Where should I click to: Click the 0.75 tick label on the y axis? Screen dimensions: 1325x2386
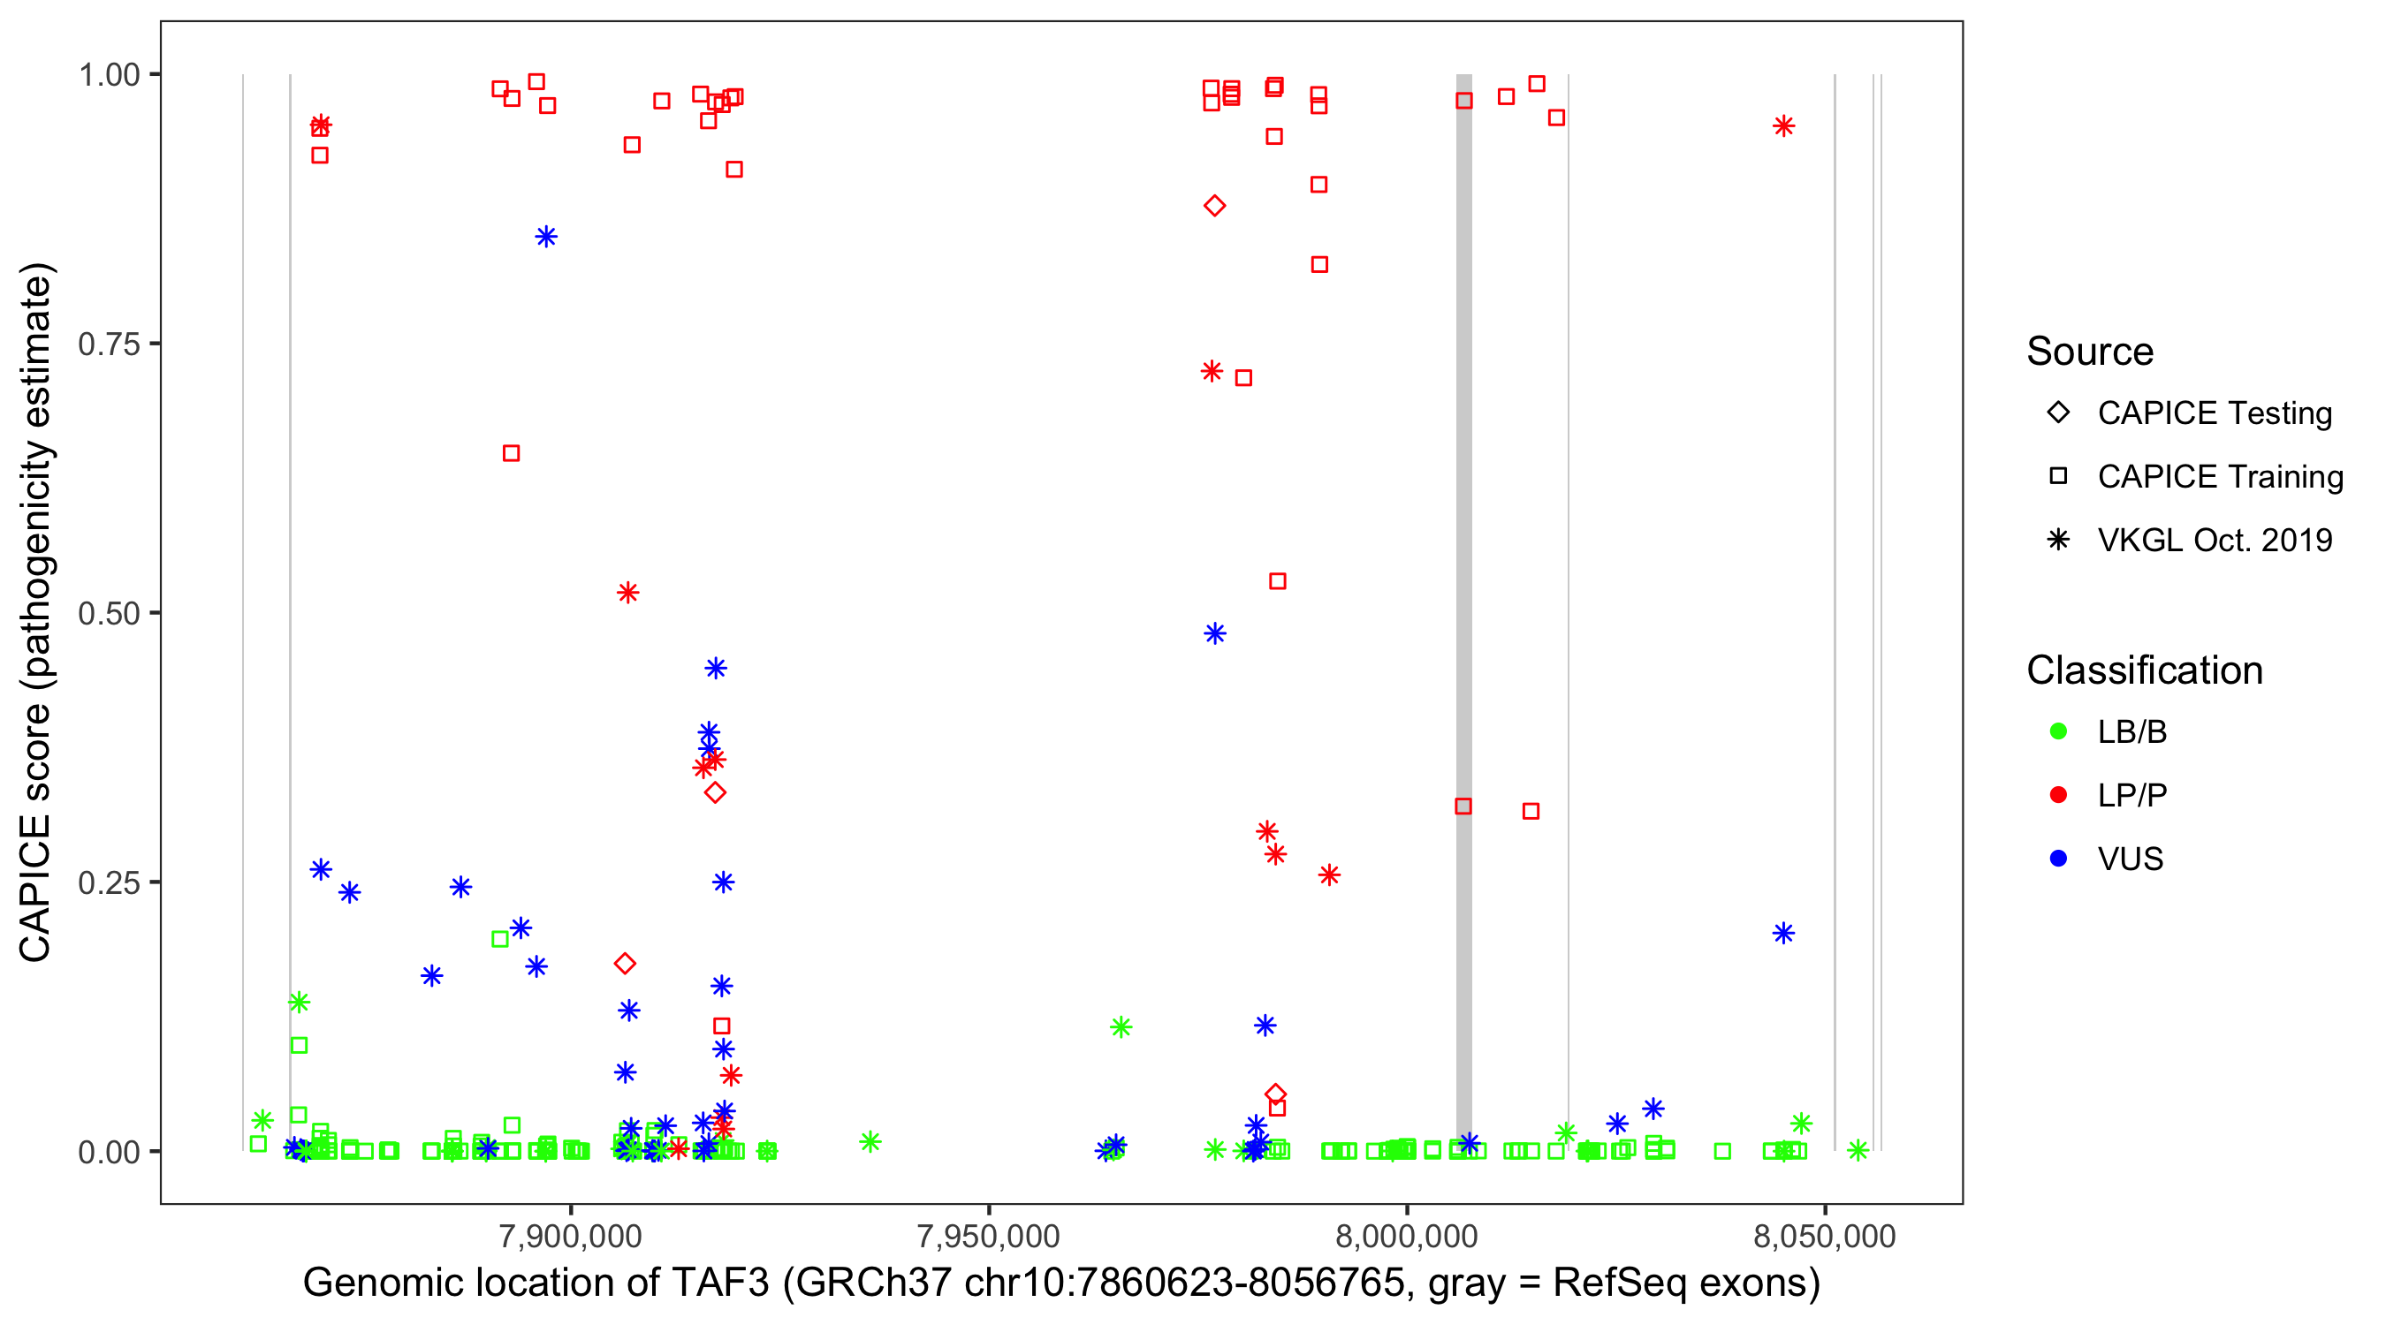[108, 344]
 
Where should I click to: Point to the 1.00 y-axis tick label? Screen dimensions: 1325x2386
[108, 74]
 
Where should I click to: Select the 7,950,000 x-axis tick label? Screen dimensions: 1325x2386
[988, 1236]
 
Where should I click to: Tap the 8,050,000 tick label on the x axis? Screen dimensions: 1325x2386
[1825, 1236]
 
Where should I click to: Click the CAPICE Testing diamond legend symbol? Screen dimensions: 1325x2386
[2058, 412]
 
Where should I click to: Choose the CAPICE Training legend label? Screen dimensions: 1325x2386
[2219, 476]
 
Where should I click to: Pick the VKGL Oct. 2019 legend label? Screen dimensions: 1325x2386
[2214, 540]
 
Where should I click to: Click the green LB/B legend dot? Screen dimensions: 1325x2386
[2058, 731]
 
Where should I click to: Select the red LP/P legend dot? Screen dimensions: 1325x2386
[2058, 795]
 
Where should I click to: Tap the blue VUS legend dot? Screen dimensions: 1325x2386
[2058, 859]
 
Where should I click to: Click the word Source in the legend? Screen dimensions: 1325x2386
[2090, 352]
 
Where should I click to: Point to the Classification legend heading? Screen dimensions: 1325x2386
[2143, 670]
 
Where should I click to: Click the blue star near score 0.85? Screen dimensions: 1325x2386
[546, 237]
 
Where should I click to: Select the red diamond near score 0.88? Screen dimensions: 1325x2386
[1214, 206]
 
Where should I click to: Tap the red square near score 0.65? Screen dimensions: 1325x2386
[512, 453]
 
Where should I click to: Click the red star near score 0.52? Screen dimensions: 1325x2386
[628, 593]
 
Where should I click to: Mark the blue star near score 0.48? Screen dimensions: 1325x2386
[1214, 633]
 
